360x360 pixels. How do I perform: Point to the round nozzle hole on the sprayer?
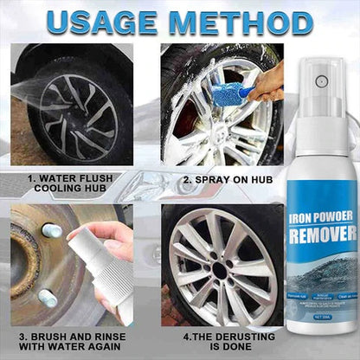click(x=321, y=81)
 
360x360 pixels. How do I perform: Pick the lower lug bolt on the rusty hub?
click(x=48, y=297)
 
